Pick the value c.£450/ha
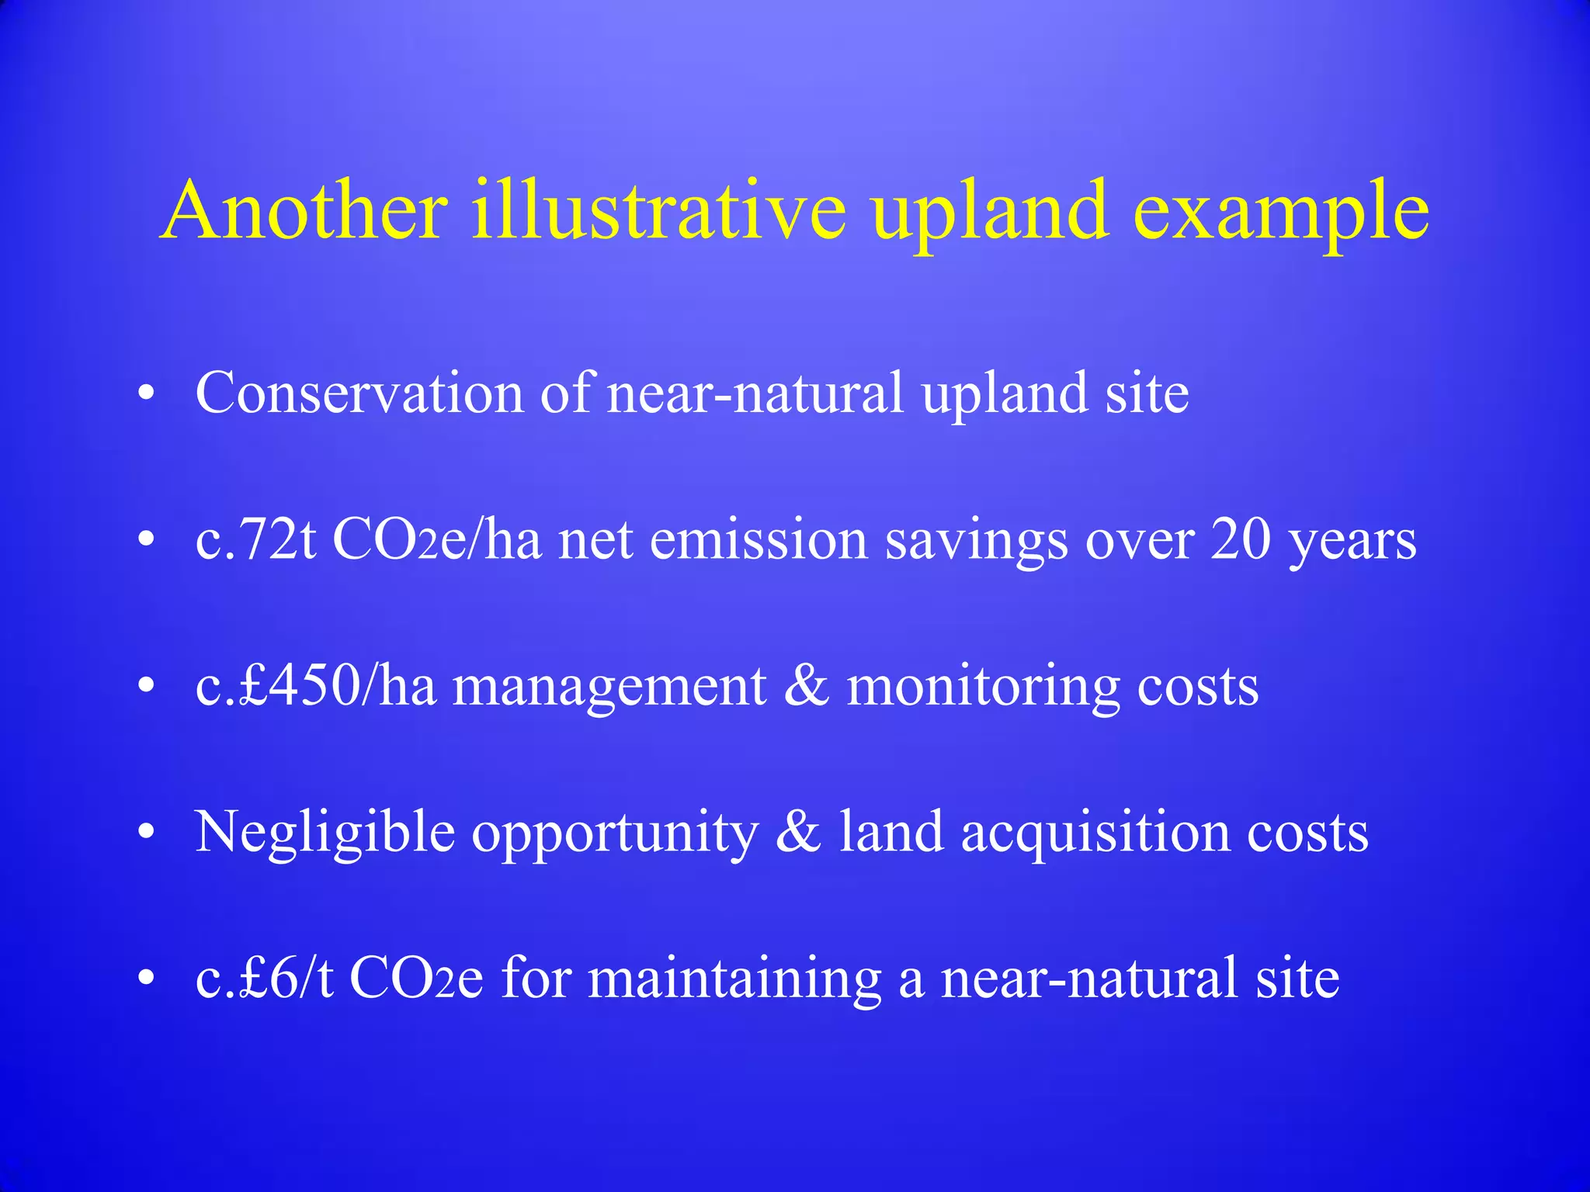(315, 686)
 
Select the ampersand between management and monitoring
(806, 686)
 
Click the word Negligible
(325, 833)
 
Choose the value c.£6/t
(264, 979)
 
